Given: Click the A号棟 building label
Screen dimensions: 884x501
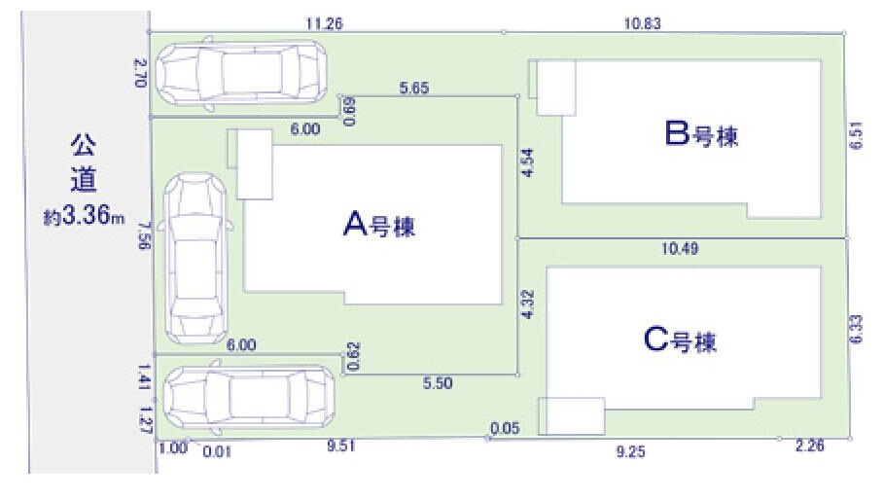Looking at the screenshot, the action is pos(379,225).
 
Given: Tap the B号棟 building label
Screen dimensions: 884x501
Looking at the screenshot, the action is pos(701,134).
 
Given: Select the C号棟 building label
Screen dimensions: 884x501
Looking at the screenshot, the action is pos(680,340).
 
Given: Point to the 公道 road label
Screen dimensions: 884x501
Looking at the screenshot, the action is pos(84,162).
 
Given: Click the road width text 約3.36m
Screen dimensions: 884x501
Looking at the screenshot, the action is pos(84,216).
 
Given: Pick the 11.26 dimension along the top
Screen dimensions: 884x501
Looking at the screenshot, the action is pos(324,23).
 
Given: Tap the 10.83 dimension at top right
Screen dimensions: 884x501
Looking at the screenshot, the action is pos(642,23).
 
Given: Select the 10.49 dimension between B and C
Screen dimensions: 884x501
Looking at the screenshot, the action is pos(680,248).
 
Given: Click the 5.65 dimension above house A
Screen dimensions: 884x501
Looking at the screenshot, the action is pos(414,88).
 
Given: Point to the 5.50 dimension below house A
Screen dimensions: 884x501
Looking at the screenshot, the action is pos(438,383).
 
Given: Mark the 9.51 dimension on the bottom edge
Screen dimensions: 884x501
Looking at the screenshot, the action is pos(341,446).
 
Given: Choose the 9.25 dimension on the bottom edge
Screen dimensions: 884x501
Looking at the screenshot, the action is pos(630,451).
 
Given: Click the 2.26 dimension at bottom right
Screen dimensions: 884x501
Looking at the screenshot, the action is pos(809,446).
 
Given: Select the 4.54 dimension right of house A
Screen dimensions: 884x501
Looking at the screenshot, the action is pos(527,163).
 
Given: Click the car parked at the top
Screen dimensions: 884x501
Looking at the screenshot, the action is pos(241,73).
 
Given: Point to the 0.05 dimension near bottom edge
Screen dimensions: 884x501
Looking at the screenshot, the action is pos(505,428).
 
